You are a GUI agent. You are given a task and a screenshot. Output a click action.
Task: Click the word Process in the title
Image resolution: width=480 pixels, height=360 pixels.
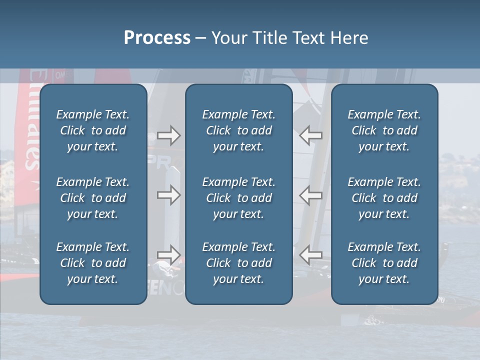tap(157, 38)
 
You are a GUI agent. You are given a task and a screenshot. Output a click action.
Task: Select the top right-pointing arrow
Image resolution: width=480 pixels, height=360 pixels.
tap(168, 135)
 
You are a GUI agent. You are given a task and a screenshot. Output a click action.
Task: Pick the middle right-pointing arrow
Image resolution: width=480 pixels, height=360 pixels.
tap(168, 195)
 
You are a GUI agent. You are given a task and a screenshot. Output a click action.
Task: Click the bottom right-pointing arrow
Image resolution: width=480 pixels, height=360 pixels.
tap(168, 255)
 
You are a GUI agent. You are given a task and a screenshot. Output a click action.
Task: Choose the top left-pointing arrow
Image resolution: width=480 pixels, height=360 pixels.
tap(311, 135)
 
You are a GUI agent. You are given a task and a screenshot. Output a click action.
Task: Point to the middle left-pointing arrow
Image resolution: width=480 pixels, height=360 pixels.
tap(311, 195)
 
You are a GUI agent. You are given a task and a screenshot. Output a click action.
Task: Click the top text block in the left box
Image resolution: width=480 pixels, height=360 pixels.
tap(93, 130)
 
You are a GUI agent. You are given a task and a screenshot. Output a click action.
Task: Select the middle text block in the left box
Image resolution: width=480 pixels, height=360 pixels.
tap(93, 198)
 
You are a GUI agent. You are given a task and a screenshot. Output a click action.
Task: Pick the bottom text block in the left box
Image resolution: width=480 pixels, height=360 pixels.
tap(93, 263)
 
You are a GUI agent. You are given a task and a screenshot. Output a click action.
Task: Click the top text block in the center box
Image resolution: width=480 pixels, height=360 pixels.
tap(238, 130)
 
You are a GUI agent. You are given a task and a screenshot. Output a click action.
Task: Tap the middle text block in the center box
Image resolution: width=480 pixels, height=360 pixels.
tap(238, 198)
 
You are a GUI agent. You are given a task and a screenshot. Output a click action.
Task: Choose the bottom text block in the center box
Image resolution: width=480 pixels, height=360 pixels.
tap(238, 263)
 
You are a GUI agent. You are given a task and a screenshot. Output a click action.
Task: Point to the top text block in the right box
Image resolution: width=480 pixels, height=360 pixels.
tap(384, 130)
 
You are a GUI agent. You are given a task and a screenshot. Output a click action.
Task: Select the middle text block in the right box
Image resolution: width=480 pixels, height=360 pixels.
tap(384, 198)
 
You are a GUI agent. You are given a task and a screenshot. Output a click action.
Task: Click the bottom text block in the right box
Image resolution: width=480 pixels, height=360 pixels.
tap(384, 263)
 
